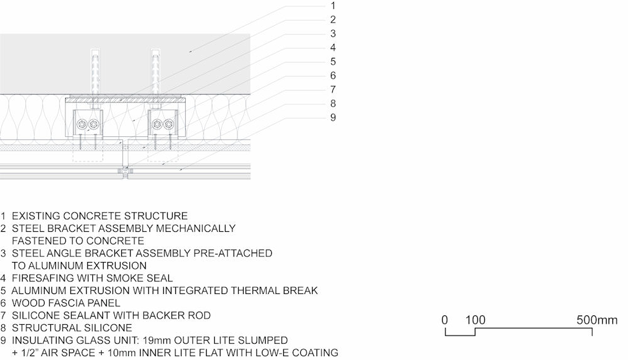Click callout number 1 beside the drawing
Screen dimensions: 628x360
pyautogui.click(x=333, y=6)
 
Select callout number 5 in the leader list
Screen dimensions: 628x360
pyautogui.click(x=333, y=62)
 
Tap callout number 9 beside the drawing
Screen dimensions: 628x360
pyautogui.click(x=333, y=118)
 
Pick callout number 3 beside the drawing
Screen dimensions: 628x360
pyautogui.click(x=333, y=34)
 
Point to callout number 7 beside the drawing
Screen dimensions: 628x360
pyautogui.click(x=333, y=90)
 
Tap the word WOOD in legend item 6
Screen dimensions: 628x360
pyautogui.click(x=25, y=303)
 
